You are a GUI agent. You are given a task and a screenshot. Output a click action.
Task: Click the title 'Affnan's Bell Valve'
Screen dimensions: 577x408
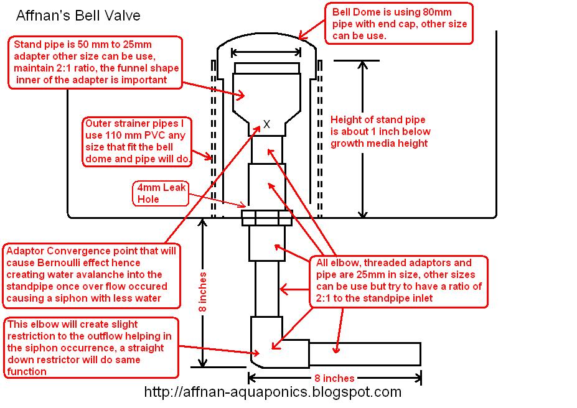[78, 16]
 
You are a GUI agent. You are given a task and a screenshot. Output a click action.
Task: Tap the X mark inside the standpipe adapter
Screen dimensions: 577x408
[267, 124]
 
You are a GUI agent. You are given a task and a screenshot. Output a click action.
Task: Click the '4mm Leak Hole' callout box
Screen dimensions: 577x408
[161, 193]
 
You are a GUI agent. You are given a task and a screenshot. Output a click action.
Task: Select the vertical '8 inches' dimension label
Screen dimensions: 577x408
[203, 292]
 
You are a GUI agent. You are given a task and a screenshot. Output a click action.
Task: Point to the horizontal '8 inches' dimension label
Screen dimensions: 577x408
[334, 378]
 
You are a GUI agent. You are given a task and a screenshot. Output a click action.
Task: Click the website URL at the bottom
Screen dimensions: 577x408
[273, 392]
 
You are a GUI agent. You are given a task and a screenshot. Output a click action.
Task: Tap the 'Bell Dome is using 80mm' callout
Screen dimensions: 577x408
[399, 24]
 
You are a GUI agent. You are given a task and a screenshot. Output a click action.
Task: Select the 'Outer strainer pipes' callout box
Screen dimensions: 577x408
[137, 142]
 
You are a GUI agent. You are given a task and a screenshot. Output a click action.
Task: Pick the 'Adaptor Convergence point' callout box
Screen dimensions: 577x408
[91, 276]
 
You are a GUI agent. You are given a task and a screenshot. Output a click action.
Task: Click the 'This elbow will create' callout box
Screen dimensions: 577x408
[91, 348]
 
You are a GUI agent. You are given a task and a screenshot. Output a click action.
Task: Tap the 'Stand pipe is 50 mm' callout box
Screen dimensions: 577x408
[95, 62]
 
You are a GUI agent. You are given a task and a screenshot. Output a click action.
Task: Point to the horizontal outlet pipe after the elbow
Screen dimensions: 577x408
[365, 354]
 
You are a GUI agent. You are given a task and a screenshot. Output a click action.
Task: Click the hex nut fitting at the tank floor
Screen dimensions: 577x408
[267, 218]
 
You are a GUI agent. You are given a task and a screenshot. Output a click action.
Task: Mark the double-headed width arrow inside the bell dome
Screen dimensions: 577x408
[266, 53]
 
